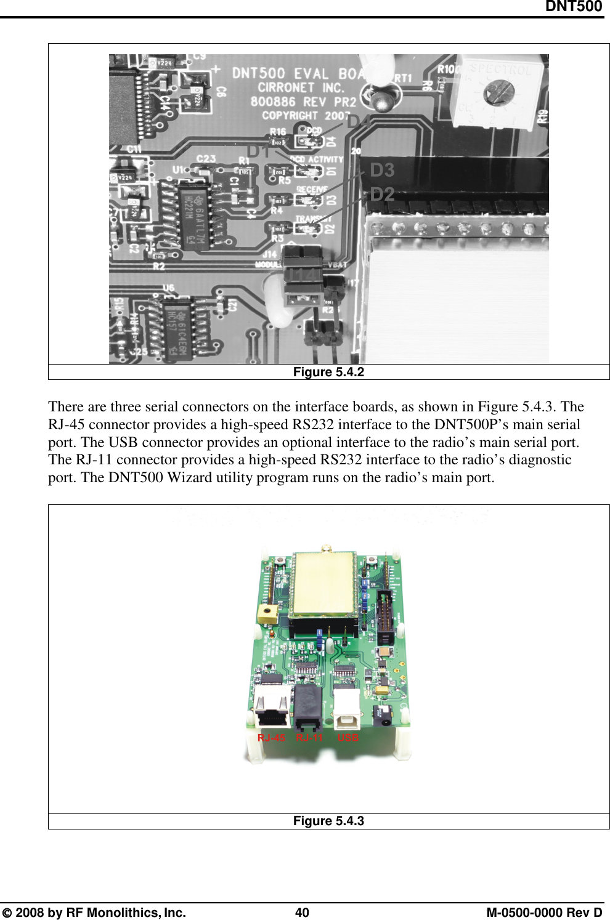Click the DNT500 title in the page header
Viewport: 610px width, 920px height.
click(x=573, y=7)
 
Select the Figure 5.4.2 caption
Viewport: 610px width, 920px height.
click(x=328, y=372)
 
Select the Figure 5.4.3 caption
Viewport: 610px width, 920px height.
click(x=328, y=821)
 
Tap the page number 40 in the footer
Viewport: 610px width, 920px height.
click(x=302, y=913)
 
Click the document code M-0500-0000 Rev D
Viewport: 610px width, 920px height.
click(x=544, y=913)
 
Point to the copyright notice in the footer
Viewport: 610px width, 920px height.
click(x=94, y=913)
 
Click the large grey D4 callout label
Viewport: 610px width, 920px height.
click(x=359, y=122)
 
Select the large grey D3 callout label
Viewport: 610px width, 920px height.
click(x=382, y=170)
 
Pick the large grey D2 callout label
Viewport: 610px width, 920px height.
click(x=382, y=195)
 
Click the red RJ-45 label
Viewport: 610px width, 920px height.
click(x=271, y=738)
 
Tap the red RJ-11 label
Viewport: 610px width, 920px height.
click(x=309, y=738)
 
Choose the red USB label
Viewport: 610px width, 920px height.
click(x=348, y=738)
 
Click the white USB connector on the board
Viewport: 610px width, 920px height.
click(x=347, y=707)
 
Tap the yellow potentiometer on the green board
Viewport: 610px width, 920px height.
click(x=267, y=613)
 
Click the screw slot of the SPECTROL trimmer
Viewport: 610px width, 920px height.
click(x=494, y=94)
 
